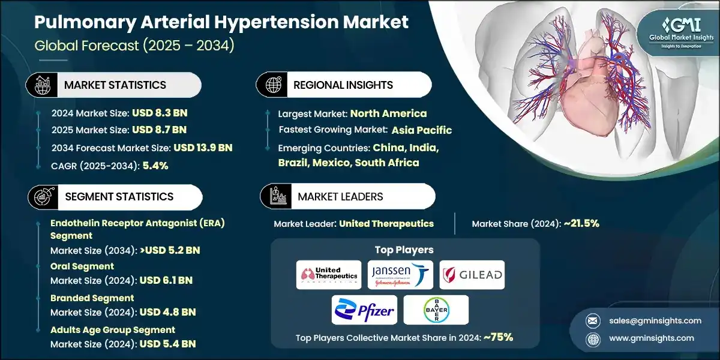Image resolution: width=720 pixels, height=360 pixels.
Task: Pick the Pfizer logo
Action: click(364, 310)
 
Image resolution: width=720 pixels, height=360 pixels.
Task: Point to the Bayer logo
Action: click(435, 310)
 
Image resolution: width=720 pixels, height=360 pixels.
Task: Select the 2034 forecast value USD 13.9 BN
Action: click(202, 148)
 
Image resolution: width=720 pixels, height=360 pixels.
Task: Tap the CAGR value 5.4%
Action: click(155, 166)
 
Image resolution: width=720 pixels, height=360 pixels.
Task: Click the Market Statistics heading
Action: click(115, 85)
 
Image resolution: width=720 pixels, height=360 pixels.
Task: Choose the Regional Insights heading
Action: click(343, 85)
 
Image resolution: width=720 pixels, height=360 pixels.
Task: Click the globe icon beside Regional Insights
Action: click(273, 85)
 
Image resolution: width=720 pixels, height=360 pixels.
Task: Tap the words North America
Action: click(388, 113)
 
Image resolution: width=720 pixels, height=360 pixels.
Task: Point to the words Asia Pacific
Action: click(421, 130)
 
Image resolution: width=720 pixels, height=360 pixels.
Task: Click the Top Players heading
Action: click(404, 250)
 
